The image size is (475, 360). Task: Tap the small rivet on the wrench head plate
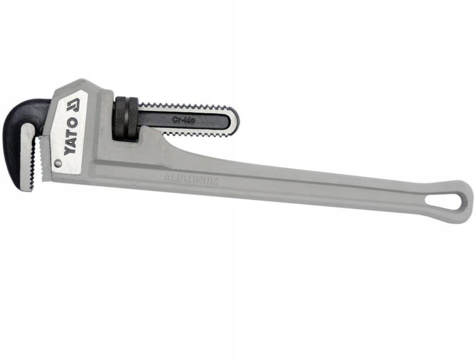click(57, 164)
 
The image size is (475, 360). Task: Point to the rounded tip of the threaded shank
click(234, 119)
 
